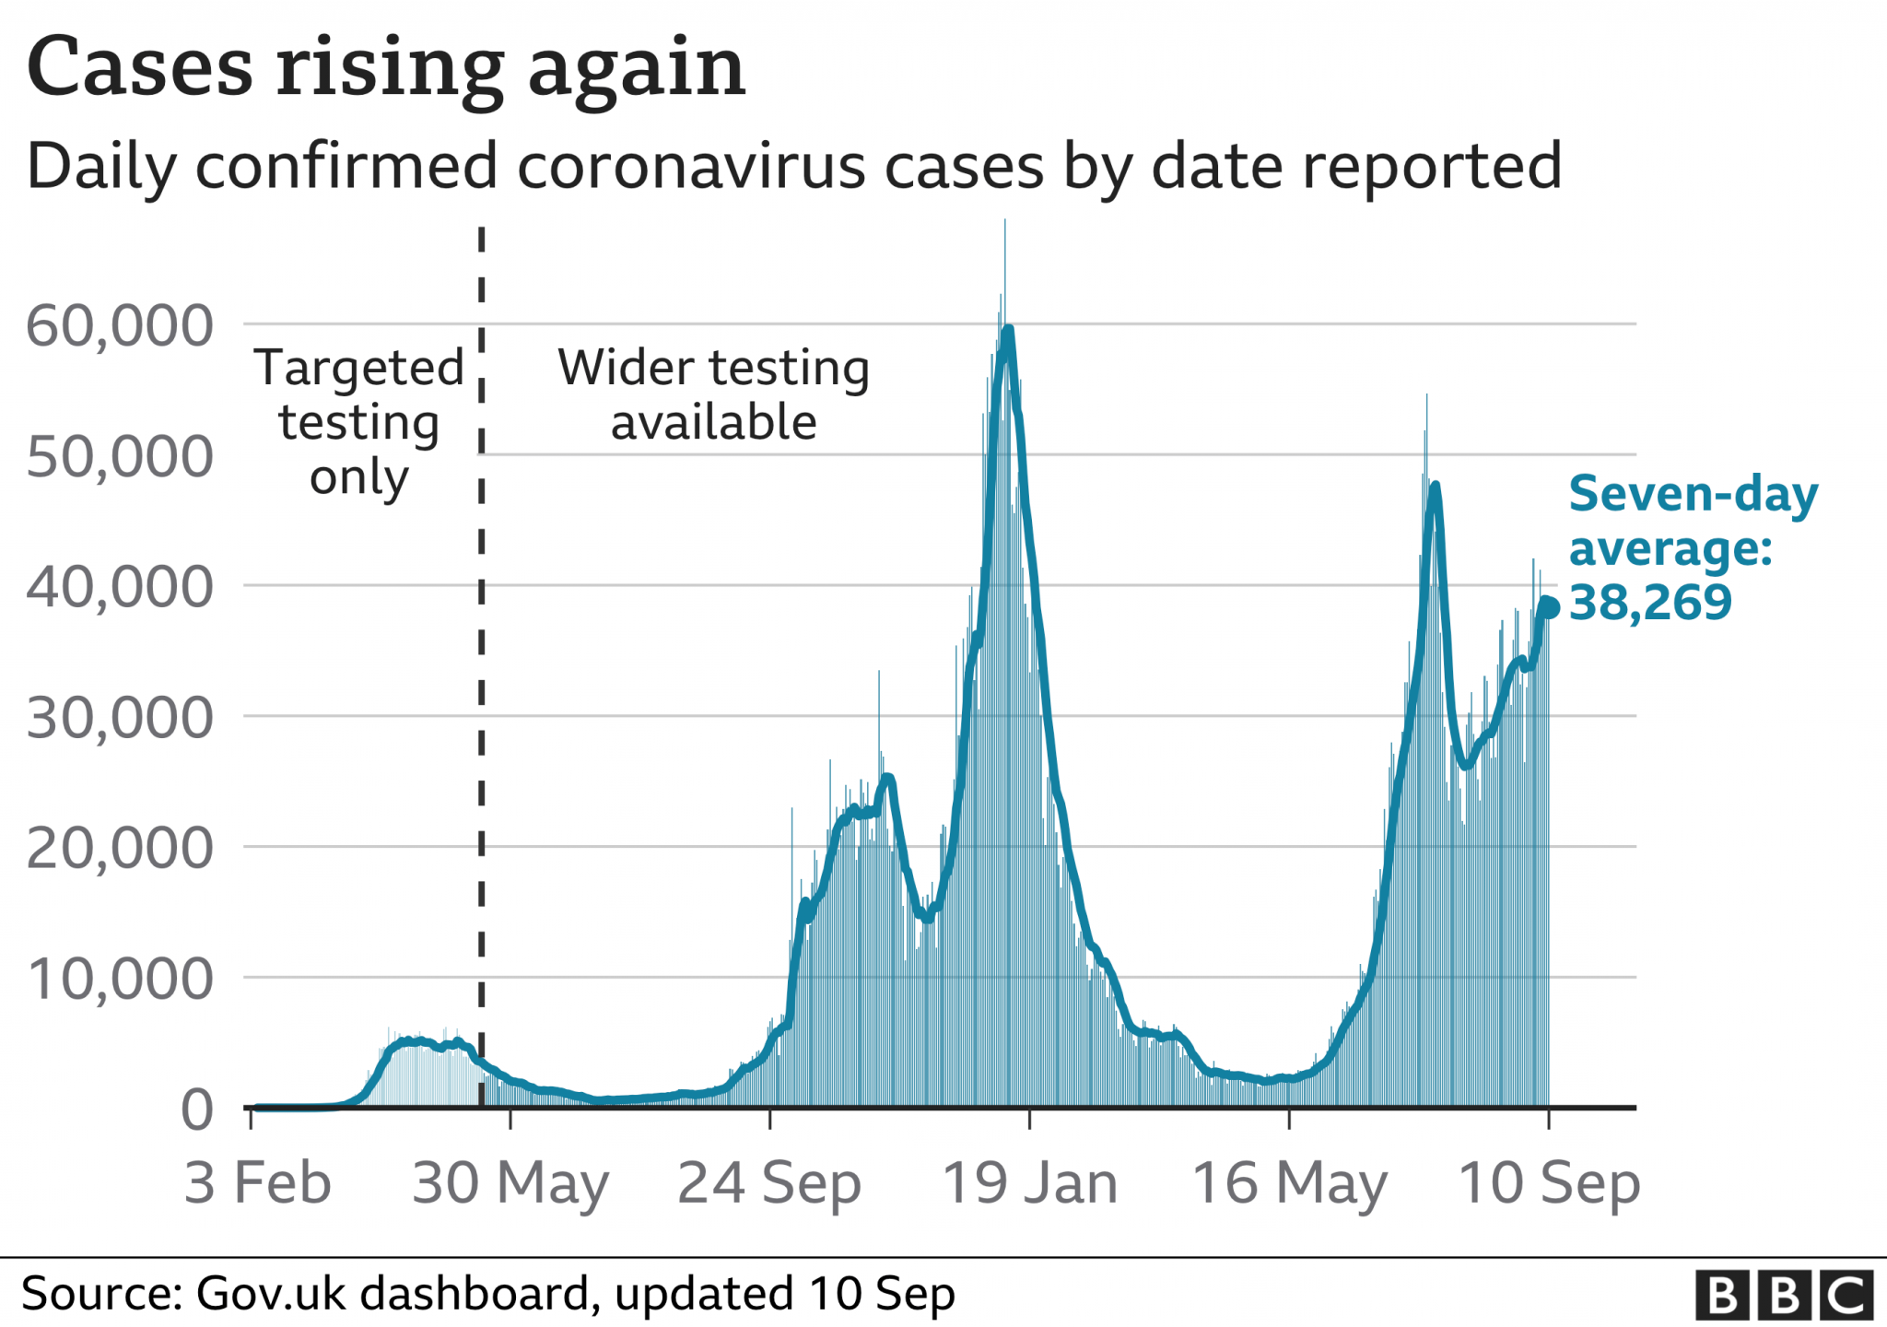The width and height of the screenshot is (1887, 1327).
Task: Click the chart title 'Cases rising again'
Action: (x=386, y=68)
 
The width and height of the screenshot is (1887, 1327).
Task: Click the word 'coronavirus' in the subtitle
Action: (x=691, y=167)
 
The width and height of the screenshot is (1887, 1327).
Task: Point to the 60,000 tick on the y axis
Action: (x=120, y=325)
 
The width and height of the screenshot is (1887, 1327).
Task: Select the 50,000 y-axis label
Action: (x=120, y=456)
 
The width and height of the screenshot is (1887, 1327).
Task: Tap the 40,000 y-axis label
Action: (x=120, y=587)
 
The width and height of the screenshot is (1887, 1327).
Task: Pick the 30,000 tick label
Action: (x=120, y=718)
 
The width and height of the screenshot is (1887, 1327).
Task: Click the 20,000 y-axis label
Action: (x=120, y=849)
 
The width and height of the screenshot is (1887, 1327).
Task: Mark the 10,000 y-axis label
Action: (x=120, y=979)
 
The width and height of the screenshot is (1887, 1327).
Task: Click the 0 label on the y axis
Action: (x=197, y=1110)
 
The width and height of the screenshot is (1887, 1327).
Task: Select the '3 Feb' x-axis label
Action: (x=257, y=1183)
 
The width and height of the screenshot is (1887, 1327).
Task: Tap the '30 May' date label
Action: (x=510, y=1183)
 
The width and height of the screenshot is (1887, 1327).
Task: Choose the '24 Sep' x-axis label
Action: (x=769, y=1183)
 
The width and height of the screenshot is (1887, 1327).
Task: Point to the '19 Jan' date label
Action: (x=1029, y=1183)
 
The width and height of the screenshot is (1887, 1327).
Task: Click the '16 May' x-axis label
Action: (x=1289, y=1183)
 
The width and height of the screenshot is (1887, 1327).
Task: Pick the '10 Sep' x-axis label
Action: (x=1549, y=1183)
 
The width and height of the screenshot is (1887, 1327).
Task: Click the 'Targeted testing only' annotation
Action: (x=359, y=422)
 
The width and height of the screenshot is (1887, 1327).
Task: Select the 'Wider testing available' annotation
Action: (x=713, y=394)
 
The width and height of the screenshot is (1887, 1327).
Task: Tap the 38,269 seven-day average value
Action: (x=1650, y=603)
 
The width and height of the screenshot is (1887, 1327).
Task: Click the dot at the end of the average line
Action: (x=1549, y=607)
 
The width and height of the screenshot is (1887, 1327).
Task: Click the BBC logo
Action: (x=1785, y=1295)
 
